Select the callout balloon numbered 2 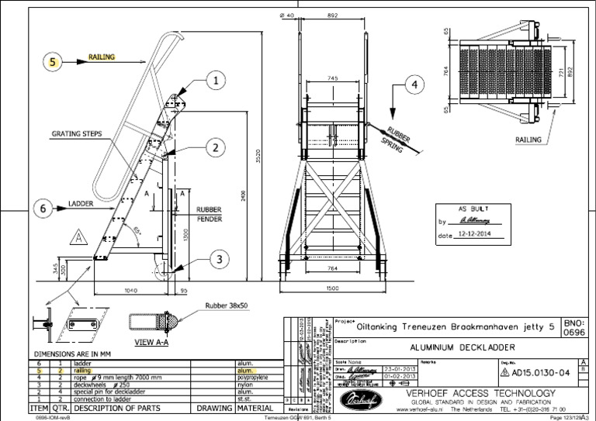pyautogui.click(x=215, y=147)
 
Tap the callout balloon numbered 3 pyautogui.click(x=220, y=259)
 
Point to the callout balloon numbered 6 pyautogui.click(x=45, y=207)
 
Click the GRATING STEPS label pyautogui.click(x=77, y=133)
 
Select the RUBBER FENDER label pyautogui.click(x=210, y=214)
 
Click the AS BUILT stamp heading pyautogui.click(x=473, y=209)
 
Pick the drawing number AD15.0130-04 pyautogui.click(x=541, y=371)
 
